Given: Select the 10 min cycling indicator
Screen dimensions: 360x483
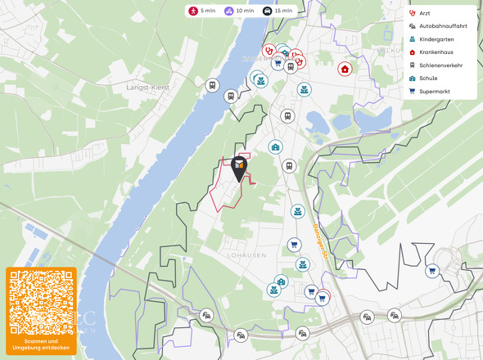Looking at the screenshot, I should (x=238, y=11).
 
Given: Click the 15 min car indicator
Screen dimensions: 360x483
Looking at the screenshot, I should (x=277, y=11).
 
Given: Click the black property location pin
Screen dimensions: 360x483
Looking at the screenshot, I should (x=239, y=168).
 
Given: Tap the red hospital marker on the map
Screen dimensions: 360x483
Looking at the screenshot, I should (x=345, y=69).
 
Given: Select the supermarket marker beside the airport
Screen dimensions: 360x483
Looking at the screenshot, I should (x=432, y=271).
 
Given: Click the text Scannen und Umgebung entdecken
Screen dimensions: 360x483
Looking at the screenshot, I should (x=41, y=344).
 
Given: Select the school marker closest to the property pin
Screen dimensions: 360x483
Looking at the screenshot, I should (x=276, y=146).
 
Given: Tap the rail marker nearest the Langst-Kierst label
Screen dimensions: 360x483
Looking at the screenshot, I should (x=212, y=85).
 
